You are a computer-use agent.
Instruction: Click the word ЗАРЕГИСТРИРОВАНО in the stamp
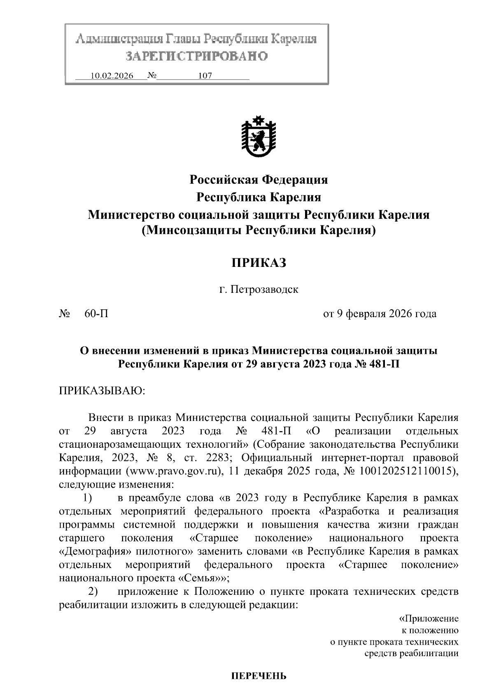196,56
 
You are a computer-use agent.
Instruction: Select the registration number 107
205,76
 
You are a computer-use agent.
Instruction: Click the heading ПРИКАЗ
258,263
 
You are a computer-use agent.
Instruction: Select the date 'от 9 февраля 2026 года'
380,314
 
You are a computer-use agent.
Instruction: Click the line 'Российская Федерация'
259,180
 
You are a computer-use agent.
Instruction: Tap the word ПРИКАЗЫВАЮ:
102,390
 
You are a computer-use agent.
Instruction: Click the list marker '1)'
87,498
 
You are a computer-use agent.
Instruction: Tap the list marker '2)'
93,591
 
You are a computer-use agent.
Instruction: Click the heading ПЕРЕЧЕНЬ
258,676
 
